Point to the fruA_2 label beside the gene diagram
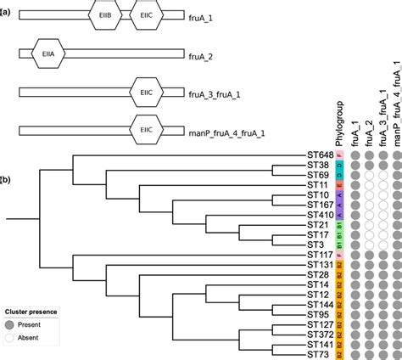[207, 54]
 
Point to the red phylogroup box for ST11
[339, 184]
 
